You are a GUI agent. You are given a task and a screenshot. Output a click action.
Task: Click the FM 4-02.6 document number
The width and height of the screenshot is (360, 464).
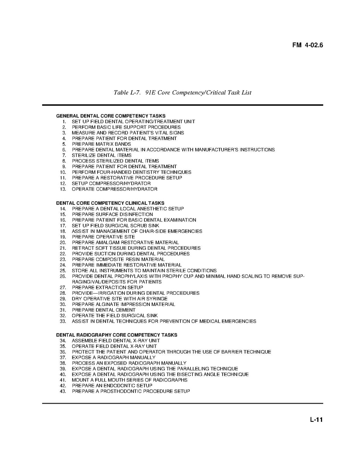click(307, 45)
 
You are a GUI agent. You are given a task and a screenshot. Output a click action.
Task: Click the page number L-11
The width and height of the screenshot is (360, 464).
click(316, 420)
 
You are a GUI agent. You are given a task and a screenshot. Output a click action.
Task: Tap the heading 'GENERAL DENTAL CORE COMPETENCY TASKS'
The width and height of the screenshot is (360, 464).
click(111, 116)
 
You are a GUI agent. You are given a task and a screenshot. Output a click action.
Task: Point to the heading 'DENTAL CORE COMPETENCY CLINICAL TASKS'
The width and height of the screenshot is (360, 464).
click(110, 203)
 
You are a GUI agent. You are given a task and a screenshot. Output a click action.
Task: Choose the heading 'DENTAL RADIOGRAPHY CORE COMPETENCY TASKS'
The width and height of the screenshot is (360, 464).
click(117, 335)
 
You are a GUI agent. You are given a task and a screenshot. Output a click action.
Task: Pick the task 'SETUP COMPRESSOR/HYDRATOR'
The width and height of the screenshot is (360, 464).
click(111, 183)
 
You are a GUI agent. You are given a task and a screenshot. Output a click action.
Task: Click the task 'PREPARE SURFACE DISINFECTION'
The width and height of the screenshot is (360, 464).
click(112, 214)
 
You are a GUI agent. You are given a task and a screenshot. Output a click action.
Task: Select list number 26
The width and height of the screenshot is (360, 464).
click(63, 276)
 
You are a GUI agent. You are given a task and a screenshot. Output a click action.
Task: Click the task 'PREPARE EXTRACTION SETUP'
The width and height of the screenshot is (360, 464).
click(107, 287)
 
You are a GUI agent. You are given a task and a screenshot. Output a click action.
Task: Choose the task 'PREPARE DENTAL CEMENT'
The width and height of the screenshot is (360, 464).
click(103, 310)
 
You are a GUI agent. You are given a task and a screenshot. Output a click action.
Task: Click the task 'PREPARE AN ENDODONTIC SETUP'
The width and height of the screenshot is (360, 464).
click(112, 386)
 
